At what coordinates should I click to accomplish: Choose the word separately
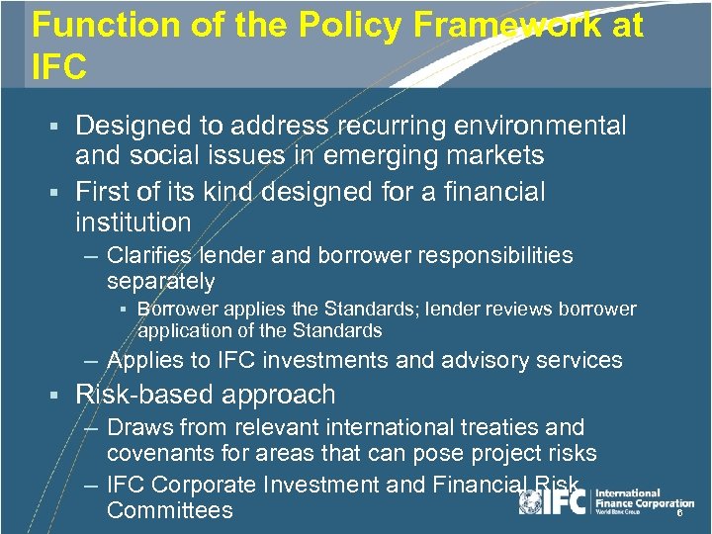click(160, 282)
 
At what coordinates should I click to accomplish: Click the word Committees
click(170, 510)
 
